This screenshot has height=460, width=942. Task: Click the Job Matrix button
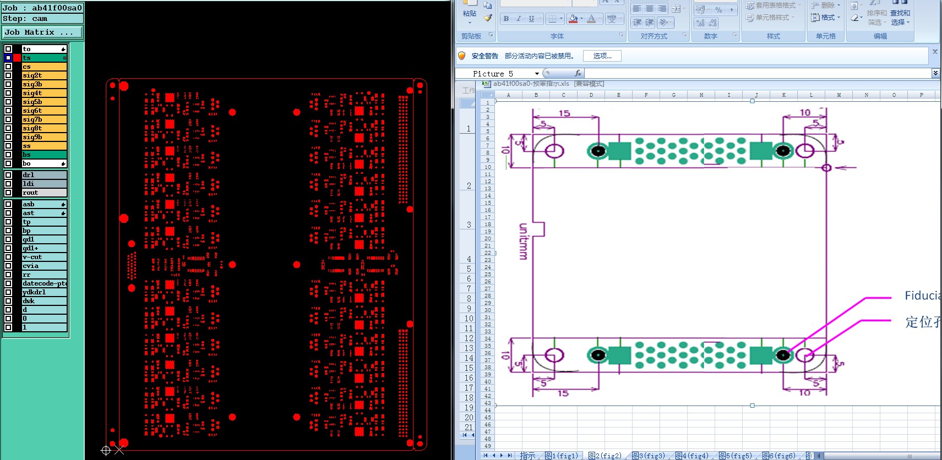[x=42, y=32]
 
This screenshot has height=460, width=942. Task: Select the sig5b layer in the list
[x=44, y=102]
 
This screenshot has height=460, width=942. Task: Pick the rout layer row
[x=44, y=193]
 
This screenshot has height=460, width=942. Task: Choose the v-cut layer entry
[x=44, y=257]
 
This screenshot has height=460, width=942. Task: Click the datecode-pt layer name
[x=44, y=283]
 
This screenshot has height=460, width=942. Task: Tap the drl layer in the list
[x=44, y=175]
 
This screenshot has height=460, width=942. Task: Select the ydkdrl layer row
[x=44, y=292]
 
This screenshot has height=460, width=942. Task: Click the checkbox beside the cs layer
[x=8, y=67]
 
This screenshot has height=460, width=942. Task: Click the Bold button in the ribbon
[x=506, y=19]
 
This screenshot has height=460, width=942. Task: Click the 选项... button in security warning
[x=602, y=56]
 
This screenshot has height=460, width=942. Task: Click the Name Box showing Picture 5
[x=498, y=74]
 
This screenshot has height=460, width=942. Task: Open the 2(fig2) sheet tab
[x=604, y=456]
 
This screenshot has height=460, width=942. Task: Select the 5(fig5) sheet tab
[x=735, y=456]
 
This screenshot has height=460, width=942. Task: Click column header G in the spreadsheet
[x=673, y=95]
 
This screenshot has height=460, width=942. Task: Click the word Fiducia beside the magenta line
[x=922, y=296]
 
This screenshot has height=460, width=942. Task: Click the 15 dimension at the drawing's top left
[x=564, y=113]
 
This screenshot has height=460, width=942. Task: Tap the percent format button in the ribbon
[x=718, y=10]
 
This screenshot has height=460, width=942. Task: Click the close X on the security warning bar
[x=934, y=52]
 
